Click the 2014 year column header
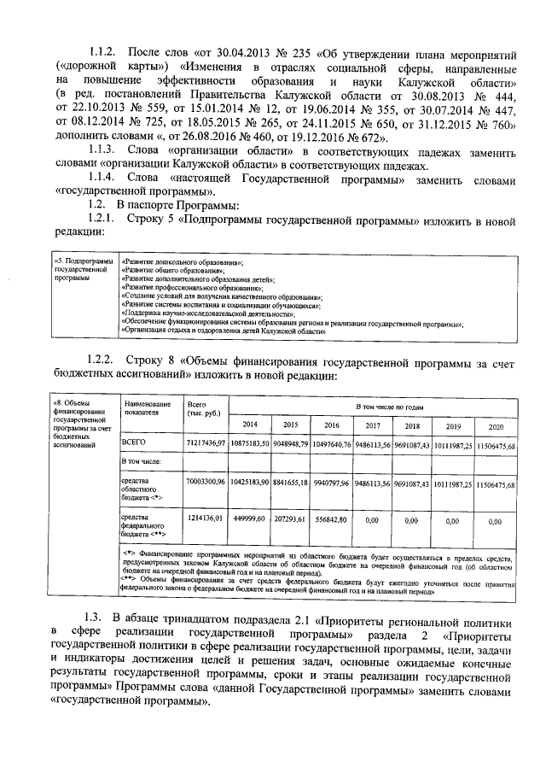(x=249, y=425)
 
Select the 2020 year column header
(x=496, y=425)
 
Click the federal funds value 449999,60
(x=249, y=518)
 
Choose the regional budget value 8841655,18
(x=291, y=483)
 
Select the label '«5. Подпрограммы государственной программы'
(x=82, y=270)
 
